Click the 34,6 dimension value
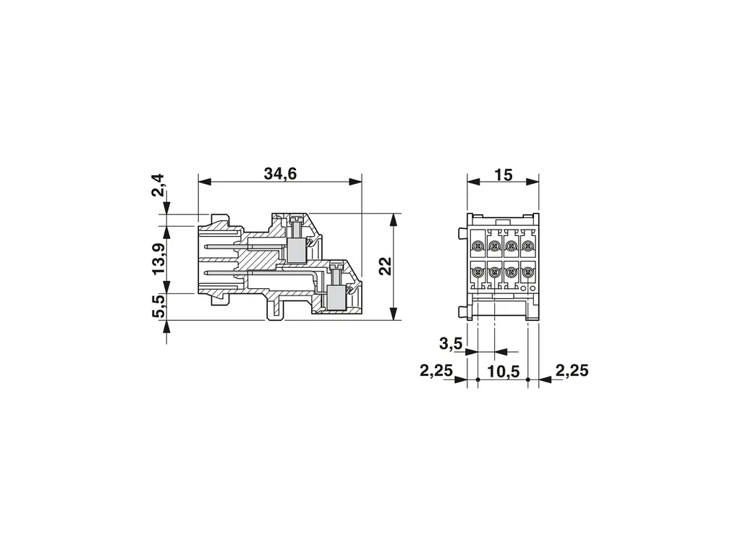(x=280, y=174)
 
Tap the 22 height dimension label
(x=385, y=266)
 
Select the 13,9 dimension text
(x=158, y=259)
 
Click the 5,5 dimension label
(x=158, y=306)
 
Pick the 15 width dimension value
(x=503, y=175)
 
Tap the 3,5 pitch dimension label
(x=451, y=344)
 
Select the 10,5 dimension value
(x=503, y=372)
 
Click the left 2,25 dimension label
(x=436, y=371)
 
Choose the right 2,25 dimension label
(x=572, y=371)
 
